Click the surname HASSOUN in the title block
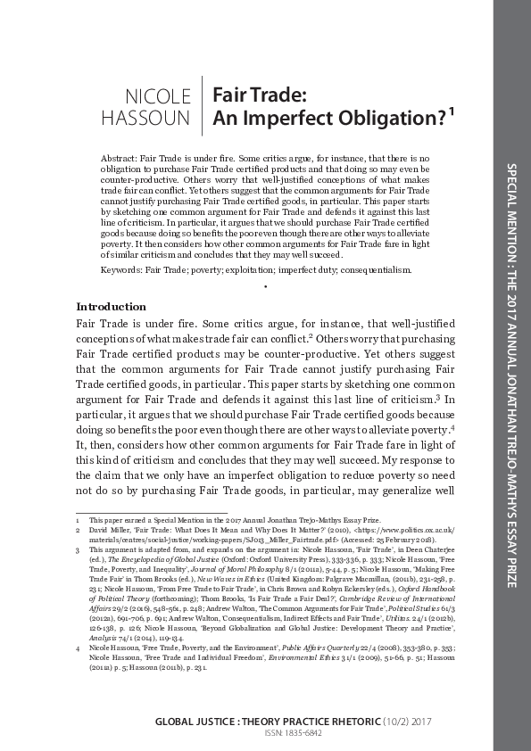coord(158,116)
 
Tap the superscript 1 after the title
coord(452,111)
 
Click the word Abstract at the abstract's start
coord(117,158)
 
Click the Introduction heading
coord(112,306)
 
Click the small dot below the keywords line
coord(266,286)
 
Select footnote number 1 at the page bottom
coord(79,518)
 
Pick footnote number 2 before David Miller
coord(79,529)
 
